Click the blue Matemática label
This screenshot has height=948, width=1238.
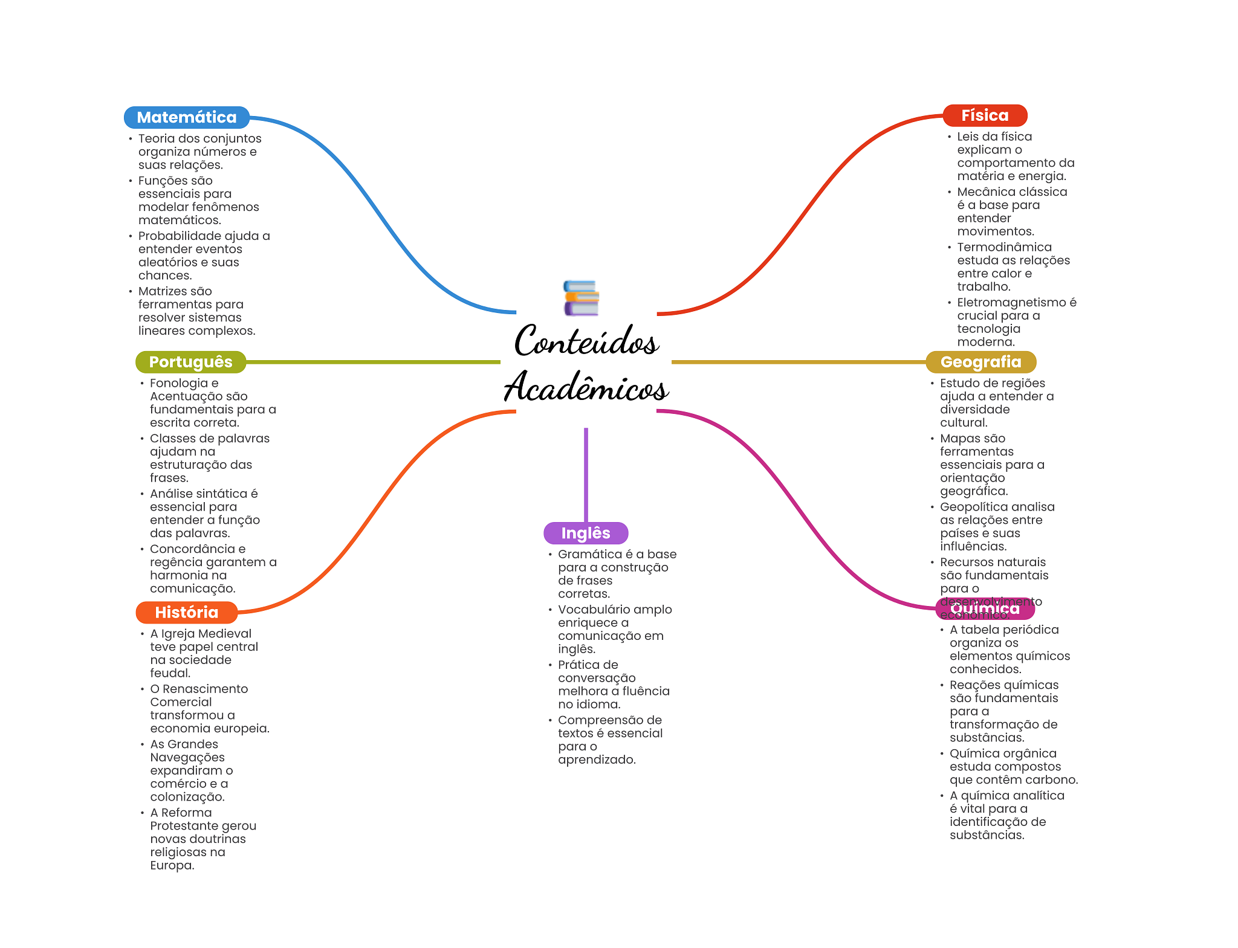click(x=186, y=117)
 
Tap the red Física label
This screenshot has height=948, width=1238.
click(x=984, y=115)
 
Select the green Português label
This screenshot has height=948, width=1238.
click(x=190, y=362)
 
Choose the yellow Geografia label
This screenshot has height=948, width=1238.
click(x=980, y=362)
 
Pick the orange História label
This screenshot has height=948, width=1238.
click(x=186, y=612)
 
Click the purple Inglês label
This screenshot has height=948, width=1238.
click(x=585, y=533)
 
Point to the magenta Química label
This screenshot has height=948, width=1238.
click(x=984, y=608)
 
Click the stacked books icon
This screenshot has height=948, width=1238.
click(x=580, y=298)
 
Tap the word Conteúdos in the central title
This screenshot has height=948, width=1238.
click(x=586, y=341)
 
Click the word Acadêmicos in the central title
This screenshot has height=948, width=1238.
click(x=586, y=387)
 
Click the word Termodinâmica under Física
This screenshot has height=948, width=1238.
click(x=1004, y=247)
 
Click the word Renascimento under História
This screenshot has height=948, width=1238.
click(x=205, y=689)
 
